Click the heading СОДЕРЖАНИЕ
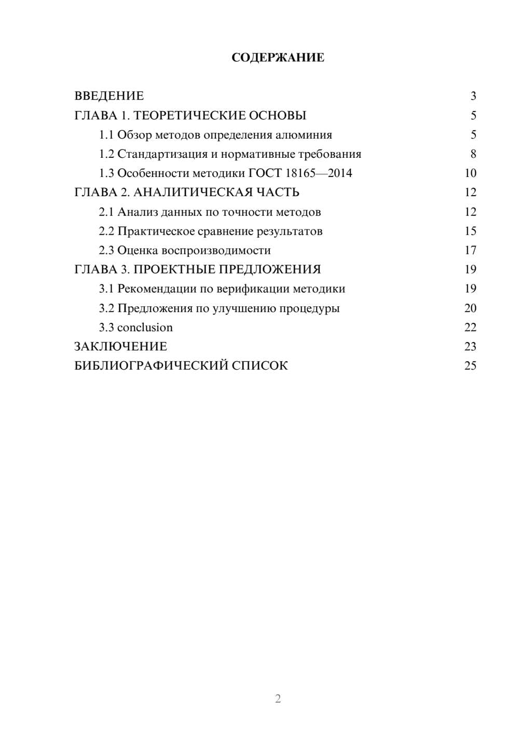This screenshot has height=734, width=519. [278, 58]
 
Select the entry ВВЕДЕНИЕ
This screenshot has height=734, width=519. [109, 96]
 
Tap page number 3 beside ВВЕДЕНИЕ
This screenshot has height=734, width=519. [473, 96]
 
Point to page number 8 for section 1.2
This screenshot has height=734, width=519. [473, 154]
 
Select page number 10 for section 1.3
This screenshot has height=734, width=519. [470, 173]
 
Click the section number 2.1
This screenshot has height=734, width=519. [106, 212]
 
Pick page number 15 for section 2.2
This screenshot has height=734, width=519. [470, 231]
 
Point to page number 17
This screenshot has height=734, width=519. [470, 250]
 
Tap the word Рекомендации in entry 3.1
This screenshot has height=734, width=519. [157, 289]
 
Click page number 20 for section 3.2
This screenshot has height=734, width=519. [470, 308]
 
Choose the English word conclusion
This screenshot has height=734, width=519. [145, 328]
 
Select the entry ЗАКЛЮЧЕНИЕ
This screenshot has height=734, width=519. [120, 347]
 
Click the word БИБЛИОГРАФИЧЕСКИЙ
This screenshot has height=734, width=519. [151, 366]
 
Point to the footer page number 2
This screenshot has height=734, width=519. [278, 699]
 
